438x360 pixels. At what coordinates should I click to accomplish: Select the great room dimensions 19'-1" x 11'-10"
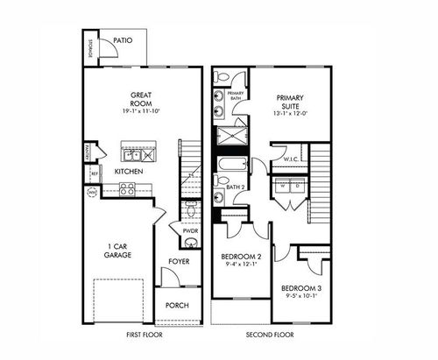(x=143, y=112)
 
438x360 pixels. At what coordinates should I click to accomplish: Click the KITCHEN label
(x=129, y=172)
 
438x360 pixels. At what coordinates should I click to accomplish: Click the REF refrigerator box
(x=93, y=173)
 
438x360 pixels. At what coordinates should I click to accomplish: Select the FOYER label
(x=179, y=261)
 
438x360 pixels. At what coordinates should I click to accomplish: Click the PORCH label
(x=179, y=307)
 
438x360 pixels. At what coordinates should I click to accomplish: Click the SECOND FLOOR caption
(x=270, y=335)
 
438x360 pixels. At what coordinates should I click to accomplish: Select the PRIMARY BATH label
(x=236, y=96)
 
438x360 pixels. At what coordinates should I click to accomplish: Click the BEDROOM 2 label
(x=239, y=256)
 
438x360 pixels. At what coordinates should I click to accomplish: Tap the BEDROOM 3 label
(x=299, y=289)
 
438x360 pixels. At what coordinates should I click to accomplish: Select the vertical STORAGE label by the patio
(x=91, y=49)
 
